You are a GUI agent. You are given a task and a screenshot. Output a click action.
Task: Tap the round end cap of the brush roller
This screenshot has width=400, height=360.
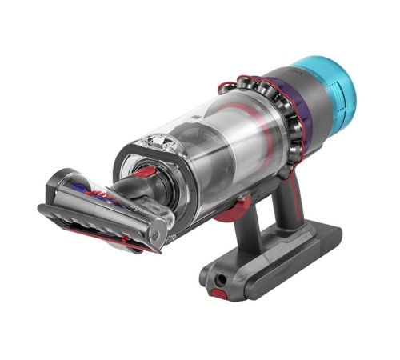click(x=158, y=235)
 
